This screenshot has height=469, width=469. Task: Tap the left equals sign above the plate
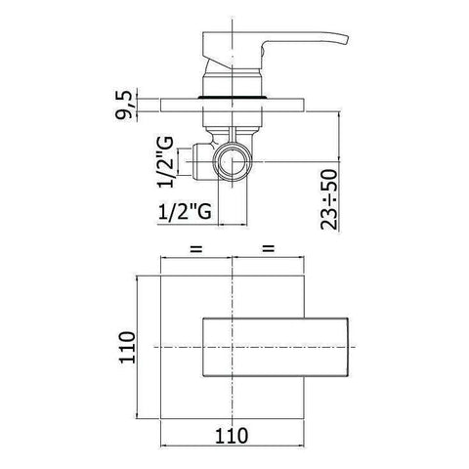[x=195, y=250]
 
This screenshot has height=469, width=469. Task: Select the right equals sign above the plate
[x=267, y=250]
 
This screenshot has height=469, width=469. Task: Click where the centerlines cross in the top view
[x=232, y=348]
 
